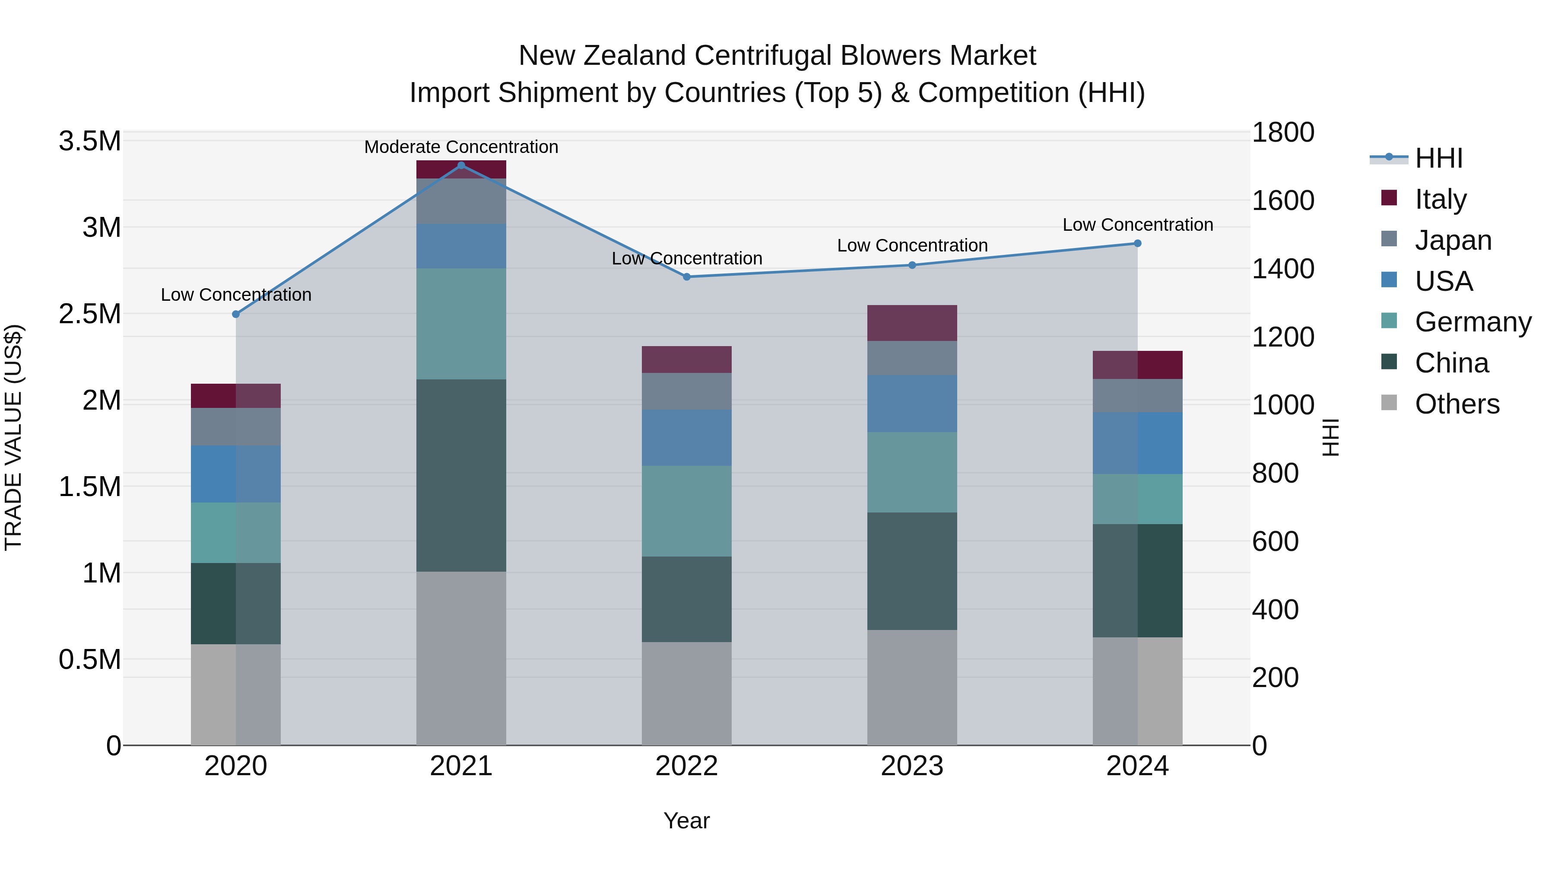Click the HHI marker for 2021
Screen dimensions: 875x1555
pyautogui.click(x=461, y=165)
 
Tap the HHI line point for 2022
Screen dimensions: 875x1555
pyautogui.click(x=686, y=277)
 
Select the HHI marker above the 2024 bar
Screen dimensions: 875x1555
pyautogui.click(x=1137, y=243)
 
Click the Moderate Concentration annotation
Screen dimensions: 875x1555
pyautogui.click(x=461, y=147)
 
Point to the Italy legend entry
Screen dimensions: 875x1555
pyautogui.click(x=1440, y=199)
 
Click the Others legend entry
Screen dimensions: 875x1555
pyautogui.click(x=1457, y=404)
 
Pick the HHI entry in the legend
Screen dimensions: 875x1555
pyautogui.click(x=1438, y=158)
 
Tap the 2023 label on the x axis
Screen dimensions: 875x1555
pyautogui.click(x=911, y=766)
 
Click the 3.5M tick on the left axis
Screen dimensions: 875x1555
pyautogui.click(x=89, y=141)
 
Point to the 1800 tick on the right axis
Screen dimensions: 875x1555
pyautogui.click(x=1283, y=132)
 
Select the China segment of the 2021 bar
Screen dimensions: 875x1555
pyautogui.click(x=461, y=475)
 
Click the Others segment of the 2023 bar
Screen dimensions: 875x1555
pyautogui.click(x=911, y=687)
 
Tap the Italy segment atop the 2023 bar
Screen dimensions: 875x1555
pyautogui.click(x=911, y=323)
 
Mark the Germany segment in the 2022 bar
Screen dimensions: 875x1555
pyautogui.click(x=686, y=511)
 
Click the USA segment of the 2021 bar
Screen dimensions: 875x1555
pyautogui.click(x=461, y=246)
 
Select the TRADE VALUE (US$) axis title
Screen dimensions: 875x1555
pyautogui.click(x=13, y=437)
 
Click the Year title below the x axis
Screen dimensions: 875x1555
pyautogui.click(x=686, y=821)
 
